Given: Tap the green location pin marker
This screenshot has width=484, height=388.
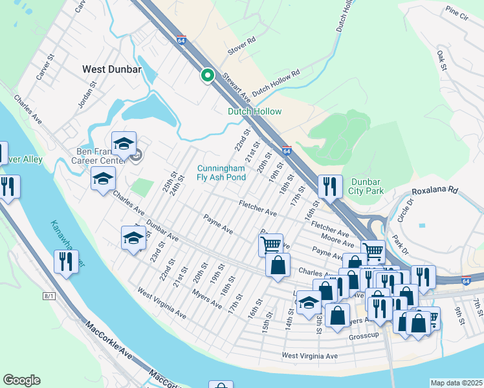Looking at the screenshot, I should pyautogui.click(x=208, y=76).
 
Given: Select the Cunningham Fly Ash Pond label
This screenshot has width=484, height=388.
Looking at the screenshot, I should pyautogui.click(x=221, y=173).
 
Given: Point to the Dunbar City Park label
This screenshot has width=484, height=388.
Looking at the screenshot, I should pyautogui.click(x=367, y=186).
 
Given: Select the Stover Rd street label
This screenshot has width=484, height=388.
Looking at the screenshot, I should pyautogui.click(x=241, y=47).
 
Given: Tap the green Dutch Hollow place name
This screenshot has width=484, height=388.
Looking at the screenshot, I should pyautogui.click(x=254, y=111).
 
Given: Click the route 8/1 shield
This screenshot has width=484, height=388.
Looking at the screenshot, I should pyautogui.click(x=49, y=295).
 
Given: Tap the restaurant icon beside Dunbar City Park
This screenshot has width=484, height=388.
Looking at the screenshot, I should pyautogui.click(x=330, y=186).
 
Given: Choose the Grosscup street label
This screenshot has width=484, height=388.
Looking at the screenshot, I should pyautogui.click(x=364, y=336).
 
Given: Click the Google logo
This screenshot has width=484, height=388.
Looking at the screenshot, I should pyautogui.click(x=21, y=380).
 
